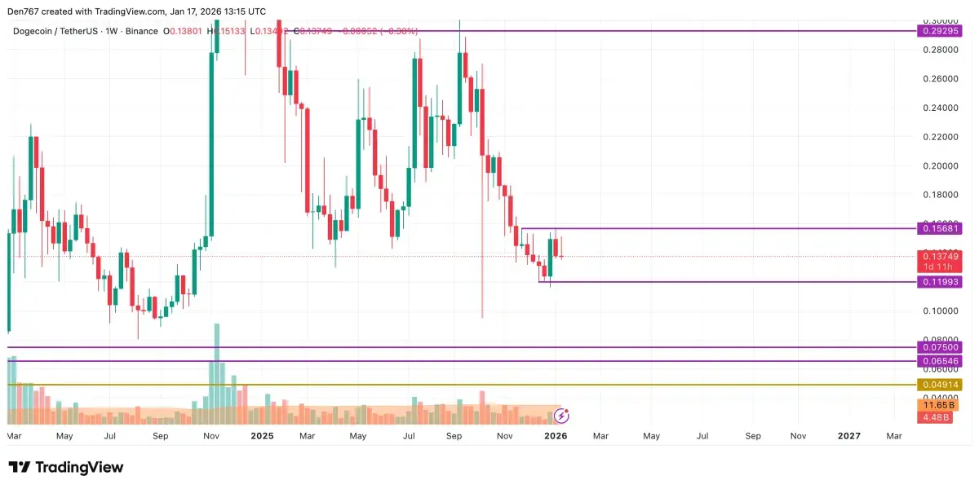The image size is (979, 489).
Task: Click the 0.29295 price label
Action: click(x=941, y=31)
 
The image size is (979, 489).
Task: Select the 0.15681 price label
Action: click(x=941, y=228)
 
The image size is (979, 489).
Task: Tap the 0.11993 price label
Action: click(x=941, y=282)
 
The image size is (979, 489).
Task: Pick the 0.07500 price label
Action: click(x=941, y=347)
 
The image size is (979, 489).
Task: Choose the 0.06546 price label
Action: click(x=941, y=360)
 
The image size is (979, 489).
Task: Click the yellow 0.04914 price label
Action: click(x=941, y=384)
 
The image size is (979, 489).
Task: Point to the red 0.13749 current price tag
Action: click(x=941, y=257)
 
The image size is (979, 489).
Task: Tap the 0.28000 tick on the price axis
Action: click(x=941, y=50)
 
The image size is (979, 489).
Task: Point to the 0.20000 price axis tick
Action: click(x=941, y=165)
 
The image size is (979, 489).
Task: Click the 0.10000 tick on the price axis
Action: click(x=941, y=311)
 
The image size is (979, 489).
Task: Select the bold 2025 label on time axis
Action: click(x=262, y=436)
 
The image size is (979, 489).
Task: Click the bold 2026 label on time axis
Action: click(x=556, y=436)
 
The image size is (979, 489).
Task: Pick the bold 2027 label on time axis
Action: click(x=849, y=436)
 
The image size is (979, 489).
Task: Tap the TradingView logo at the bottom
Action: click(x=66, y=467)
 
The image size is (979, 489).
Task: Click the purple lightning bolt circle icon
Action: click(x=562, y=416)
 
